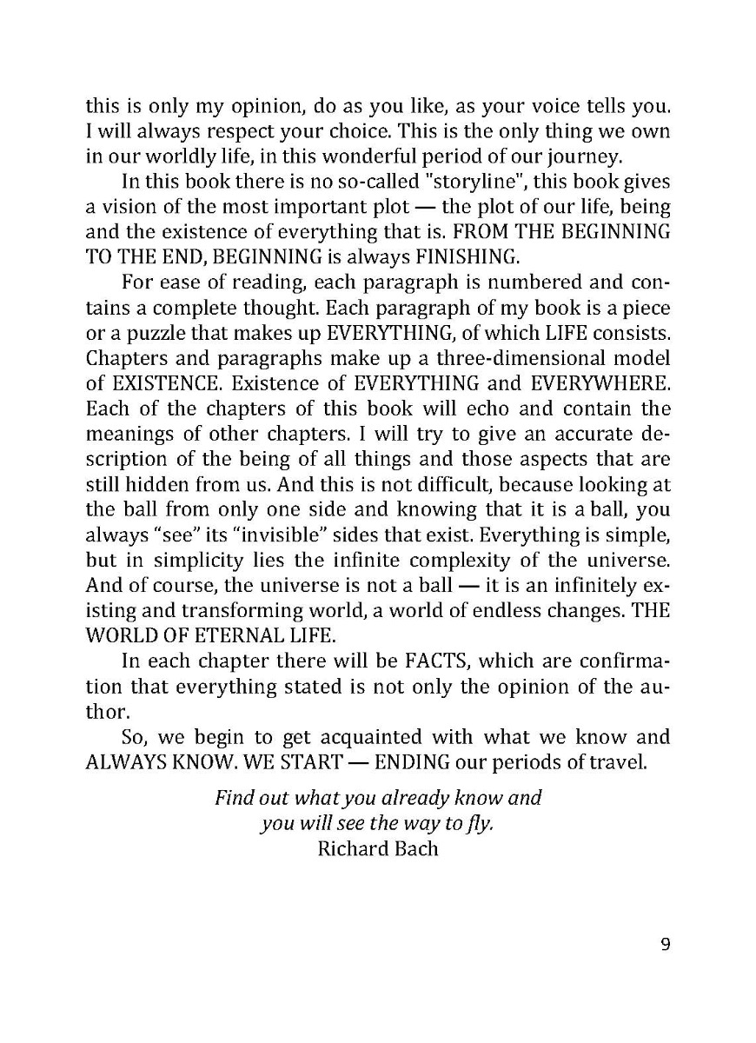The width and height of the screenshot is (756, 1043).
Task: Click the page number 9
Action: point(665,946)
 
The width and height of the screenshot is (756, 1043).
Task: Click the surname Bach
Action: point(418,847)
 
